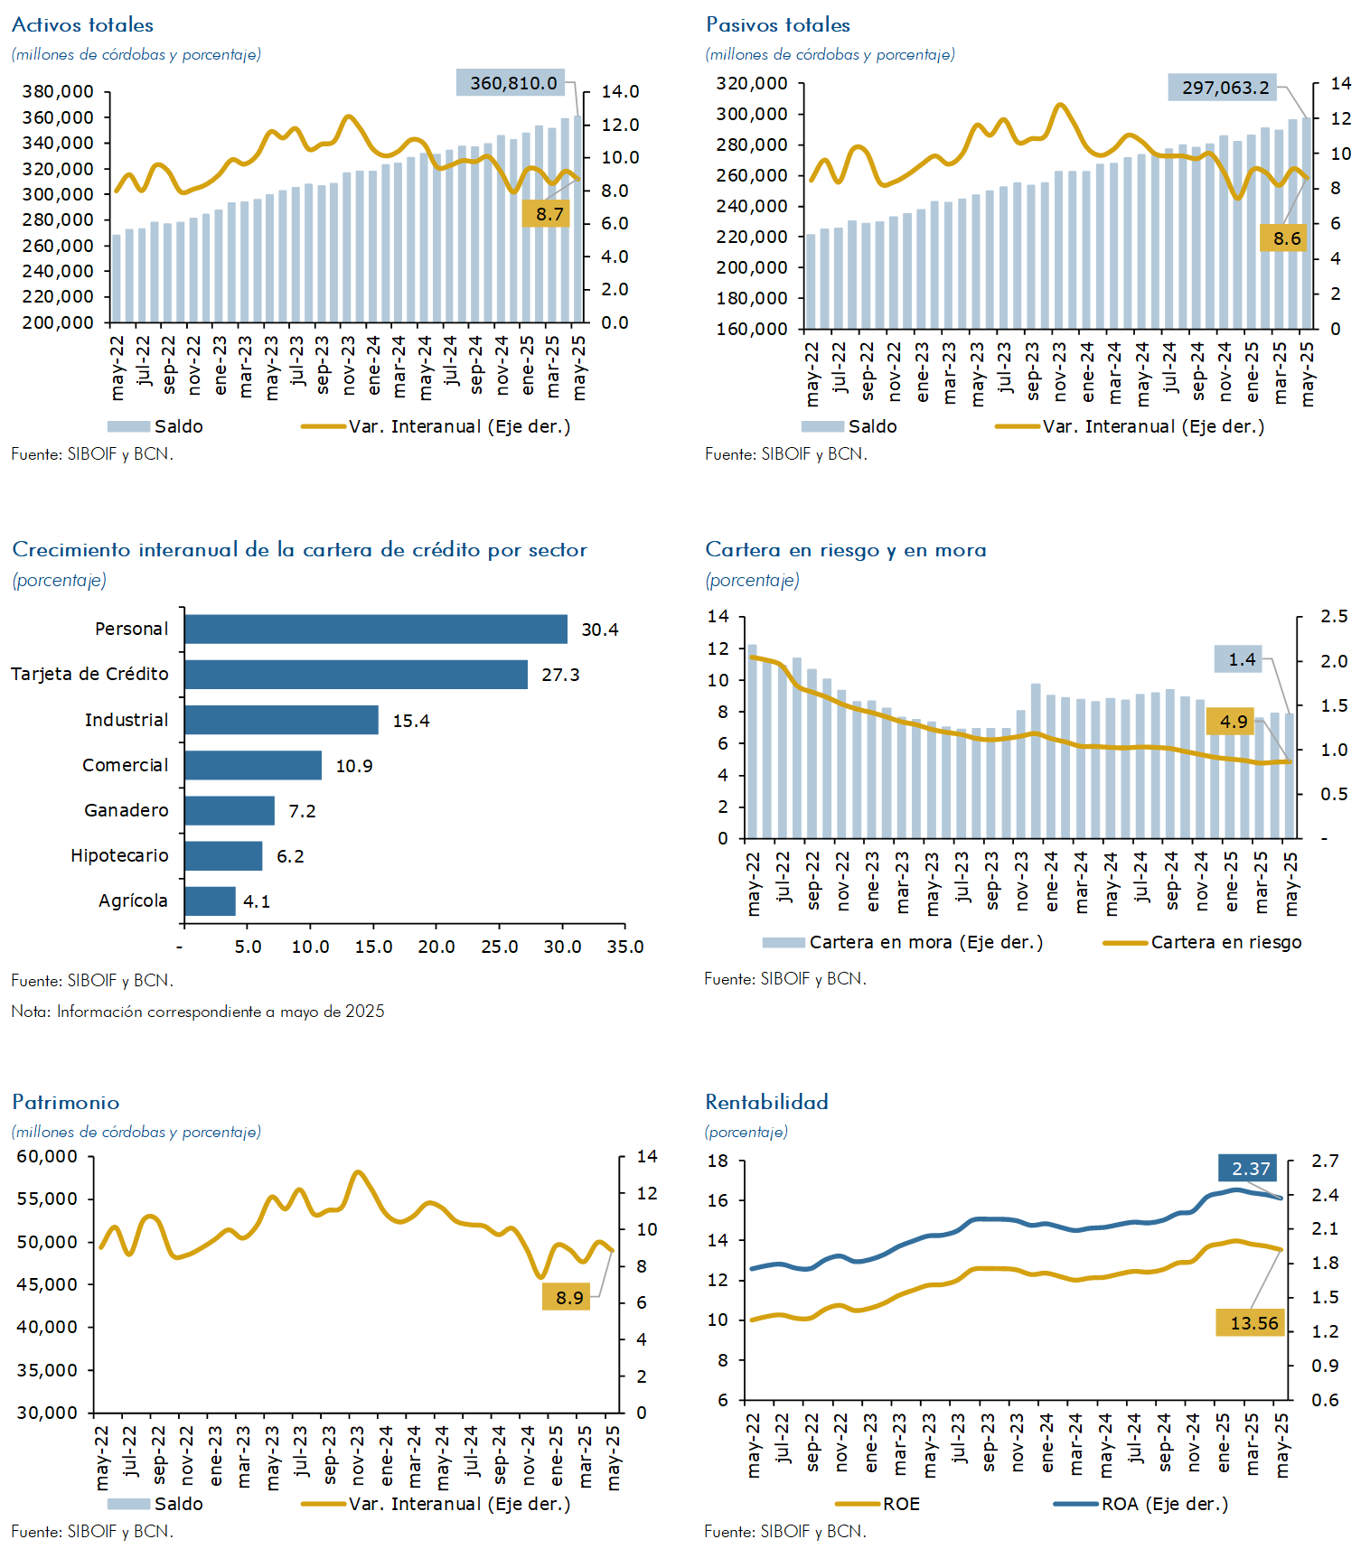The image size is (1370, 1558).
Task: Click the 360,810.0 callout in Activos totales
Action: (511, 83)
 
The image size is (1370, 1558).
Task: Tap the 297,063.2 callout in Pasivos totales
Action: (1223, 88)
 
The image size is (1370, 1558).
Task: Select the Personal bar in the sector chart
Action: (376, 630)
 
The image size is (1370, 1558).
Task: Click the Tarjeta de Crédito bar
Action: (356, 675)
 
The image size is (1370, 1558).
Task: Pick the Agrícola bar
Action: (210, 901)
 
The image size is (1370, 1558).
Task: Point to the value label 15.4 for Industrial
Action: (411, 721)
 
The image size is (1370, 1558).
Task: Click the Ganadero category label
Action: (127, 810)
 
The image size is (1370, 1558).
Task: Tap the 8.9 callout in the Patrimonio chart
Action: (566, 1297)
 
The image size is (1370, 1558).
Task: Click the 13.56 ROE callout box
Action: (1251, 1323)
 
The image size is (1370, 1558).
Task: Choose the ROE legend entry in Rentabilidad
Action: (877, 1504)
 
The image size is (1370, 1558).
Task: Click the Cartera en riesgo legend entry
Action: (1203, 942)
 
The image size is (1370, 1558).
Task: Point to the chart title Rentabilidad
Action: (766, 1102)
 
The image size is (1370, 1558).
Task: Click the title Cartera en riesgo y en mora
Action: (846, 550)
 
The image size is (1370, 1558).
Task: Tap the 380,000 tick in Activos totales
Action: (58, 91)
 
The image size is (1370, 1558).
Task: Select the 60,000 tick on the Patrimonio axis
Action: (47, 1156)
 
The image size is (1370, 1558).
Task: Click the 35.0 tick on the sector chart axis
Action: (625, 947)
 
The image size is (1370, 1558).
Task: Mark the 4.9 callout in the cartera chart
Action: (1231, 721)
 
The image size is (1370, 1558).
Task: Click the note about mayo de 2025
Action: (198, 1012)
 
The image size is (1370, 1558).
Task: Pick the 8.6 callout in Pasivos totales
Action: (1284, 238)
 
